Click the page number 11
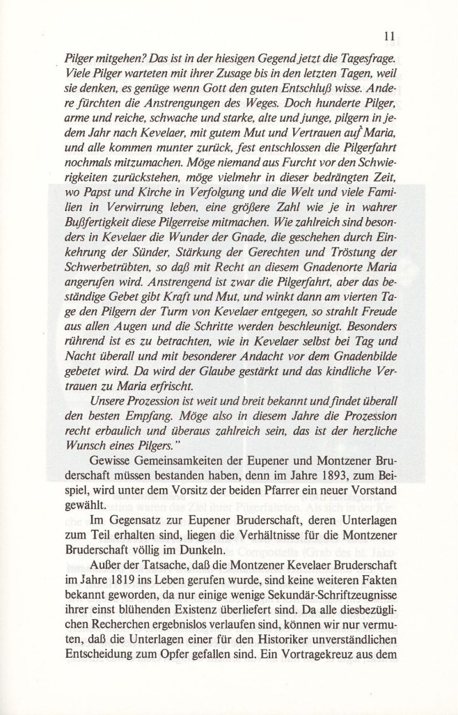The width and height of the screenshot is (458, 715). point(390,36)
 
